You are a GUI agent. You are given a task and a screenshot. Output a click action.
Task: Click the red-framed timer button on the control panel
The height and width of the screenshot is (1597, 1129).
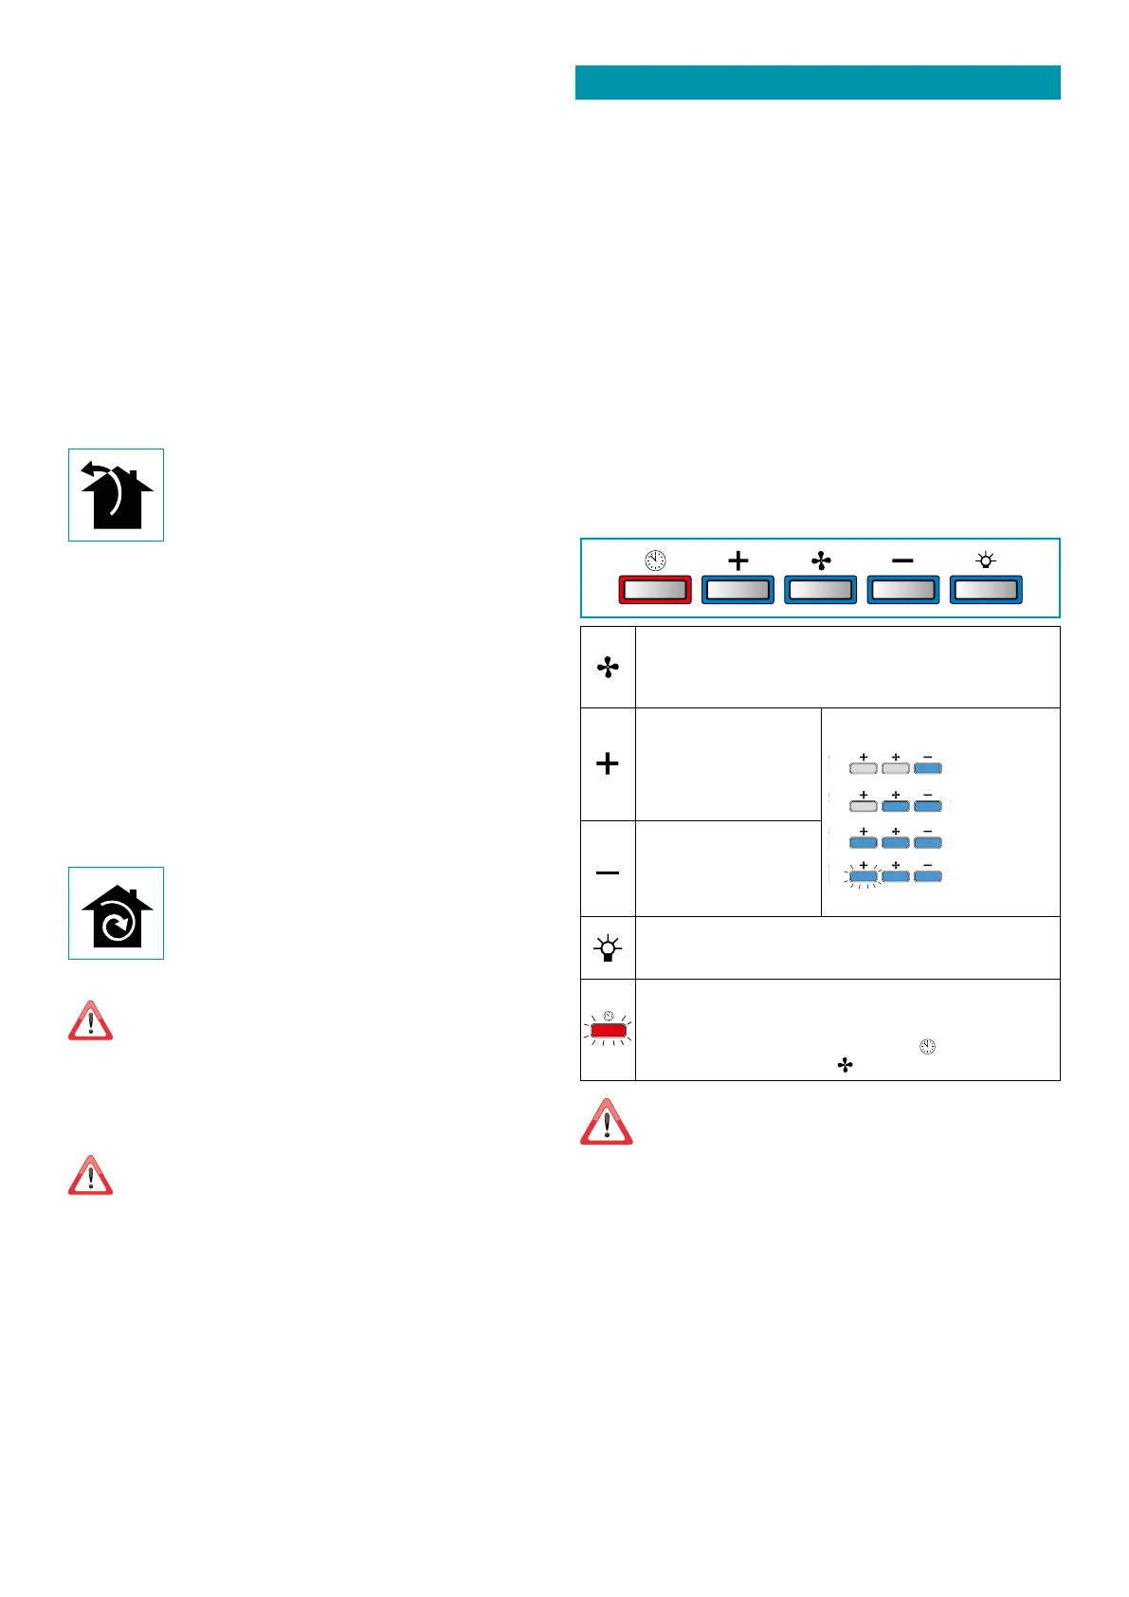tap(654, 590)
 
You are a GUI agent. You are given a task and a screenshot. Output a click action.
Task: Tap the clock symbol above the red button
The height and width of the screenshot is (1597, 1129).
tap(655, 560)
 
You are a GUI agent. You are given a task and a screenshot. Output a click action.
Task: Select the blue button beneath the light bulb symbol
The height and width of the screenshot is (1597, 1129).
tap(986, 590)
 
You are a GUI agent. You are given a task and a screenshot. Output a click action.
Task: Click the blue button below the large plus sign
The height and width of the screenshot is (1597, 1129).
tap(737, 590)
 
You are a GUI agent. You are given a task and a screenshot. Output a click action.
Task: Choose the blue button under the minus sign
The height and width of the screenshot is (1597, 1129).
tap(903, 590)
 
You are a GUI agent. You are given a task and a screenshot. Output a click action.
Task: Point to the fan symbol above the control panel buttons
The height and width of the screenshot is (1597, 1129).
tap(821, 560)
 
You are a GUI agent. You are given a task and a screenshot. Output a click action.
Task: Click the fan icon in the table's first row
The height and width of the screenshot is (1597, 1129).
tap(608, 668)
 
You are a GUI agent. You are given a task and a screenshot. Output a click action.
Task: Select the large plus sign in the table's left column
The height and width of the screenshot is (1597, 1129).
tap(608, 763)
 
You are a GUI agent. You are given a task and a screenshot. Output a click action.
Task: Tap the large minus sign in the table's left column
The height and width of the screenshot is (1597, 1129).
tap(608, 872)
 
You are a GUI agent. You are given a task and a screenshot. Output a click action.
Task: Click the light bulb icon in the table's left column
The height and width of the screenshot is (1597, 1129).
tap(608, 947)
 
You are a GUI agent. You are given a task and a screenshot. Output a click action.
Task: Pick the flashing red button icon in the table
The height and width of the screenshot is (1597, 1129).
tap(608, 1030)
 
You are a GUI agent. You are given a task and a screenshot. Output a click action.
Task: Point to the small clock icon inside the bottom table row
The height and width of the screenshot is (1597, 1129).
tap(927, 1047)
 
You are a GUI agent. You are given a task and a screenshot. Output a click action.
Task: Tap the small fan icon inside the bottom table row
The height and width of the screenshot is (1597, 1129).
tap(845, 1066)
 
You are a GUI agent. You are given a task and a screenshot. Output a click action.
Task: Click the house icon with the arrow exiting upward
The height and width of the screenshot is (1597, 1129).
tap(116, 495)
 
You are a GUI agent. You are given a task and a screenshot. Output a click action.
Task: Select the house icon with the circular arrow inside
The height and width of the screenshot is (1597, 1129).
tap(116, 914)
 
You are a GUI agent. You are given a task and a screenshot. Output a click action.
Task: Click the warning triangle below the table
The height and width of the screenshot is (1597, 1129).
tap(607, 1123)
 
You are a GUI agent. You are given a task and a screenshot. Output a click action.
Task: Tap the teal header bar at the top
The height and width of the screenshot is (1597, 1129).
tap(817, 83)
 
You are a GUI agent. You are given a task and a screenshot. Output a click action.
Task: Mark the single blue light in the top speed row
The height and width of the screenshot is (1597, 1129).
tap(927, 768)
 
